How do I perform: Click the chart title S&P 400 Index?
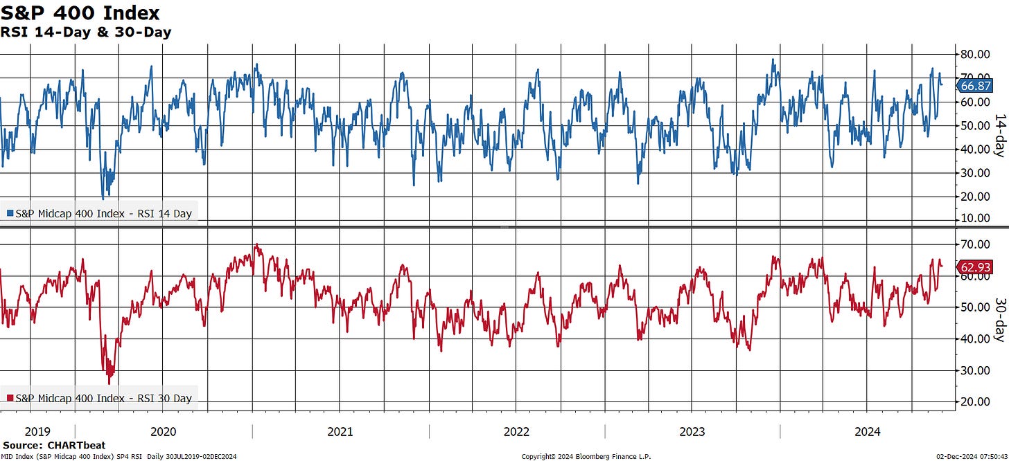(80, 12)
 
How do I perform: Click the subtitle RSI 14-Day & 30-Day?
(86, 33)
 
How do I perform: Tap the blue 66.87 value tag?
(975, 86)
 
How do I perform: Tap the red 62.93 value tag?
(975, 267)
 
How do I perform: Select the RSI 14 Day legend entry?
(100, 214)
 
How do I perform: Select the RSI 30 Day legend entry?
(100, 399)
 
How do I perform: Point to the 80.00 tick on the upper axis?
(975, 55)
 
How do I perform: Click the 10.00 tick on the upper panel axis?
(975, 218)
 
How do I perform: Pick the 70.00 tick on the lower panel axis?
(975, 244)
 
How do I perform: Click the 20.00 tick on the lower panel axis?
(975, 401)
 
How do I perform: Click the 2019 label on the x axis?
(37, 432)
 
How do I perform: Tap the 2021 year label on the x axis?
(340, 432)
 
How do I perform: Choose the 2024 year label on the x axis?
(868, 432)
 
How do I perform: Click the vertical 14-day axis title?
(1000, 136)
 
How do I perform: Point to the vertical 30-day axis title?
(1000, 320)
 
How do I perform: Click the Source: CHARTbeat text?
(54, 445)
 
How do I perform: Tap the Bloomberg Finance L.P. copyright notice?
(586, 457)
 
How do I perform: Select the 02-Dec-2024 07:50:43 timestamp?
(972, 457)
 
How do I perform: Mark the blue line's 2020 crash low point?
(103, 199)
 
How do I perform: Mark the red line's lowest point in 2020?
(109, 383)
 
